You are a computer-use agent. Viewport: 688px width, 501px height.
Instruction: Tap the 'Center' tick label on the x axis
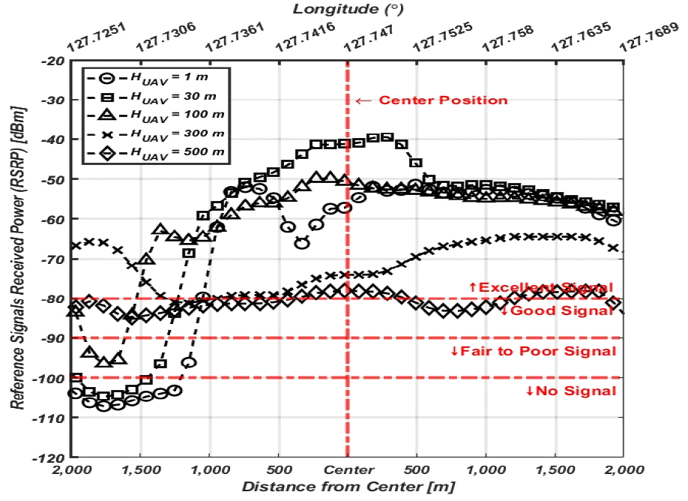348,469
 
